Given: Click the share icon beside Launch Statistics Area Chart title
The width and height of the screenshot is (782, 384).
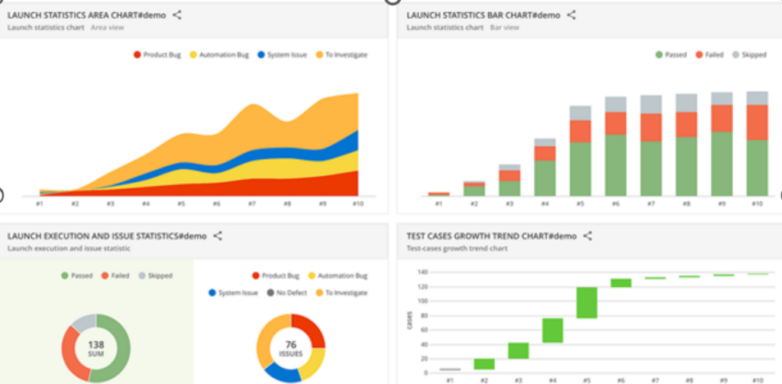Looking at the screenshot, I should pyautogui.click(x=177, y=15).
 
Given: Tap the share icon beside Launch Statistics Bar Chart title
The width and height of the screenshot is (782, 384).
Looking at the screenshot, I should pyautogui.click(x=571, y=15).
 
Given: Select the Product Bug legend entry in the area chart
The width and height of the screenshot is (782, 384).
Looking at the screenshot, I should pyautogui.click(x=158, y=55).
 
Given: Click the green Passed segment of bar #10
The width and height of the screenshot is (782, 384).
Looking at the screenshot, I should pyautogui.click(x=757, y=168).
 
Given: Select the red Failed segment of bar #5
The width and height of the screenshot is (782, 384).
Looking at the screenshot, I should pyautogui.click(x=580, y=131).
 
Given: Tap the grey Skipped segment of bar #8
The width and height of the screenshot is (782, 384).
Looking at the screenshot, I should pyautogui.click(x=687, y=103).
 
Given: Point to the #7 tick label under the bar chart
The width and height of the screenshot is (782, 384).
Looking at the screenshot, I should pyautogui.click(x=651, y=204).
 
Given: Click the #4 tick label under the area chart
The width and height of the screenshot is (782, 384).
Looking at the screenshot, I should pyautogui.click(x=146, y=204).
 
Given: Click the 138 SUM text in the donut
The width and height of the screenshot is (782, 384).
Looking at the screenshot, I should pyautogui.click(x=96, y=348).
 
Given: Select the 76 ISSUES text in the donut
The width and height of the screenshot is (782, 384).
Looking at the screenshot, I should pyautogui.click(x=290, y=348).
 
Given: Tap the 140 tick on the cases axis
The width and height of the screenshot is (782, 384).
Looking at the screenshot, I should pyautogui.click(x=422, y=272).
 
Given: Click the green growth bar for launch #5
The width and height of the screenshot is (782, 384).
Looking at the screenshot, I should pyautogui.click(x=586, y=302).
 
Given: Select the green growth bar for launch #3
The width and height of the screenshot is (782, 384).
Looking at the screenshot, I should pyautogui.click(x=518, y=350).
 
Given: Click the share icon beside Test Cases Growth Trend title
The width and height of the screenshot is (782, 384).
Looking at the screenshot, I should pyautogui.click(x=587, y=236).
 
